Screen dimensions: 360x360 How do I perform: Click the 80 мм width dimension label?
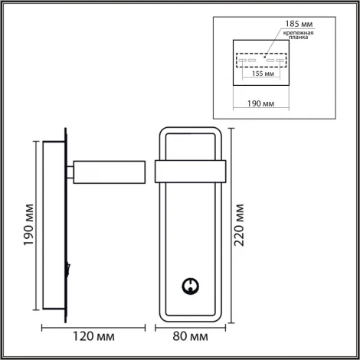pos(188,336)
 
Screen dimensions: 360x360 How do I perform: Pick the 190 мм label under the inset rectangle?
pos(261,101)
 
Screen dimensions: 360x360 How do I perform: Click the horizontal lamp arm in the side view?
pos(110,172)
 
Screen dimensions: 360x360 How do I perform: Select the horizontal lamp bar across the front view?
pos(189,172)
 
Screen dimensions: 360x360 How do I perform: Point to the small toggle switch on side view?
pos(69,269)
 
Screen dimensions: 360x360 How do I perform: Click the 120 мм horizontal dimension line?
pos(93,325)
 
